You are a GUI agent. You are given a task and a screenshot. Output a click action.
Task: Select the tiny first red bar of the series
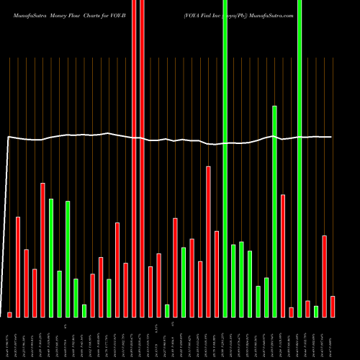point(10,314)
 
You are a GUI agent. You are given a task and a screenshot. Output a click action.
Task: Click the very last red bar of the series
point(333,306)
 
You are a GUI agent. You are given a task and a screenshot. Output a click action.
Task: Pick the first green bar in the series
point(51,258)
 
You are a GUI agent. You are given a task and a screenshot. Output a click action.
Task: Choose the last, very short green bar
point(316,311)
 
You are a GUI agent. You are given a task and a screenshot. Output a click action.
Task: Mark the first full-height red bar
point(134,158)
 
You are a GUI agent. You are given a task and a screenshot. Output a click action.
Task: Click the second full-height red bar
point(143,158)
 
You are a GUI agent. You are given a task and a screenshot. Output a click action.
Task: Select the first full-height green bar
point(225,158)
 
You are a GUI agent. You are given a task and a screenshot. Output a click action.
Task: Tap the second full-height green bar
point(300,158)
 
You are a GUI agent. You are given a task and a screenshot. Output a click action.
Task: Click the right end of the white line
point(332,137)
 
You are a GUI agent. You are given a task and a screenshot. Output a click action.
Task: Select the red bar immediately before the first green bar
point(43,250)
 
